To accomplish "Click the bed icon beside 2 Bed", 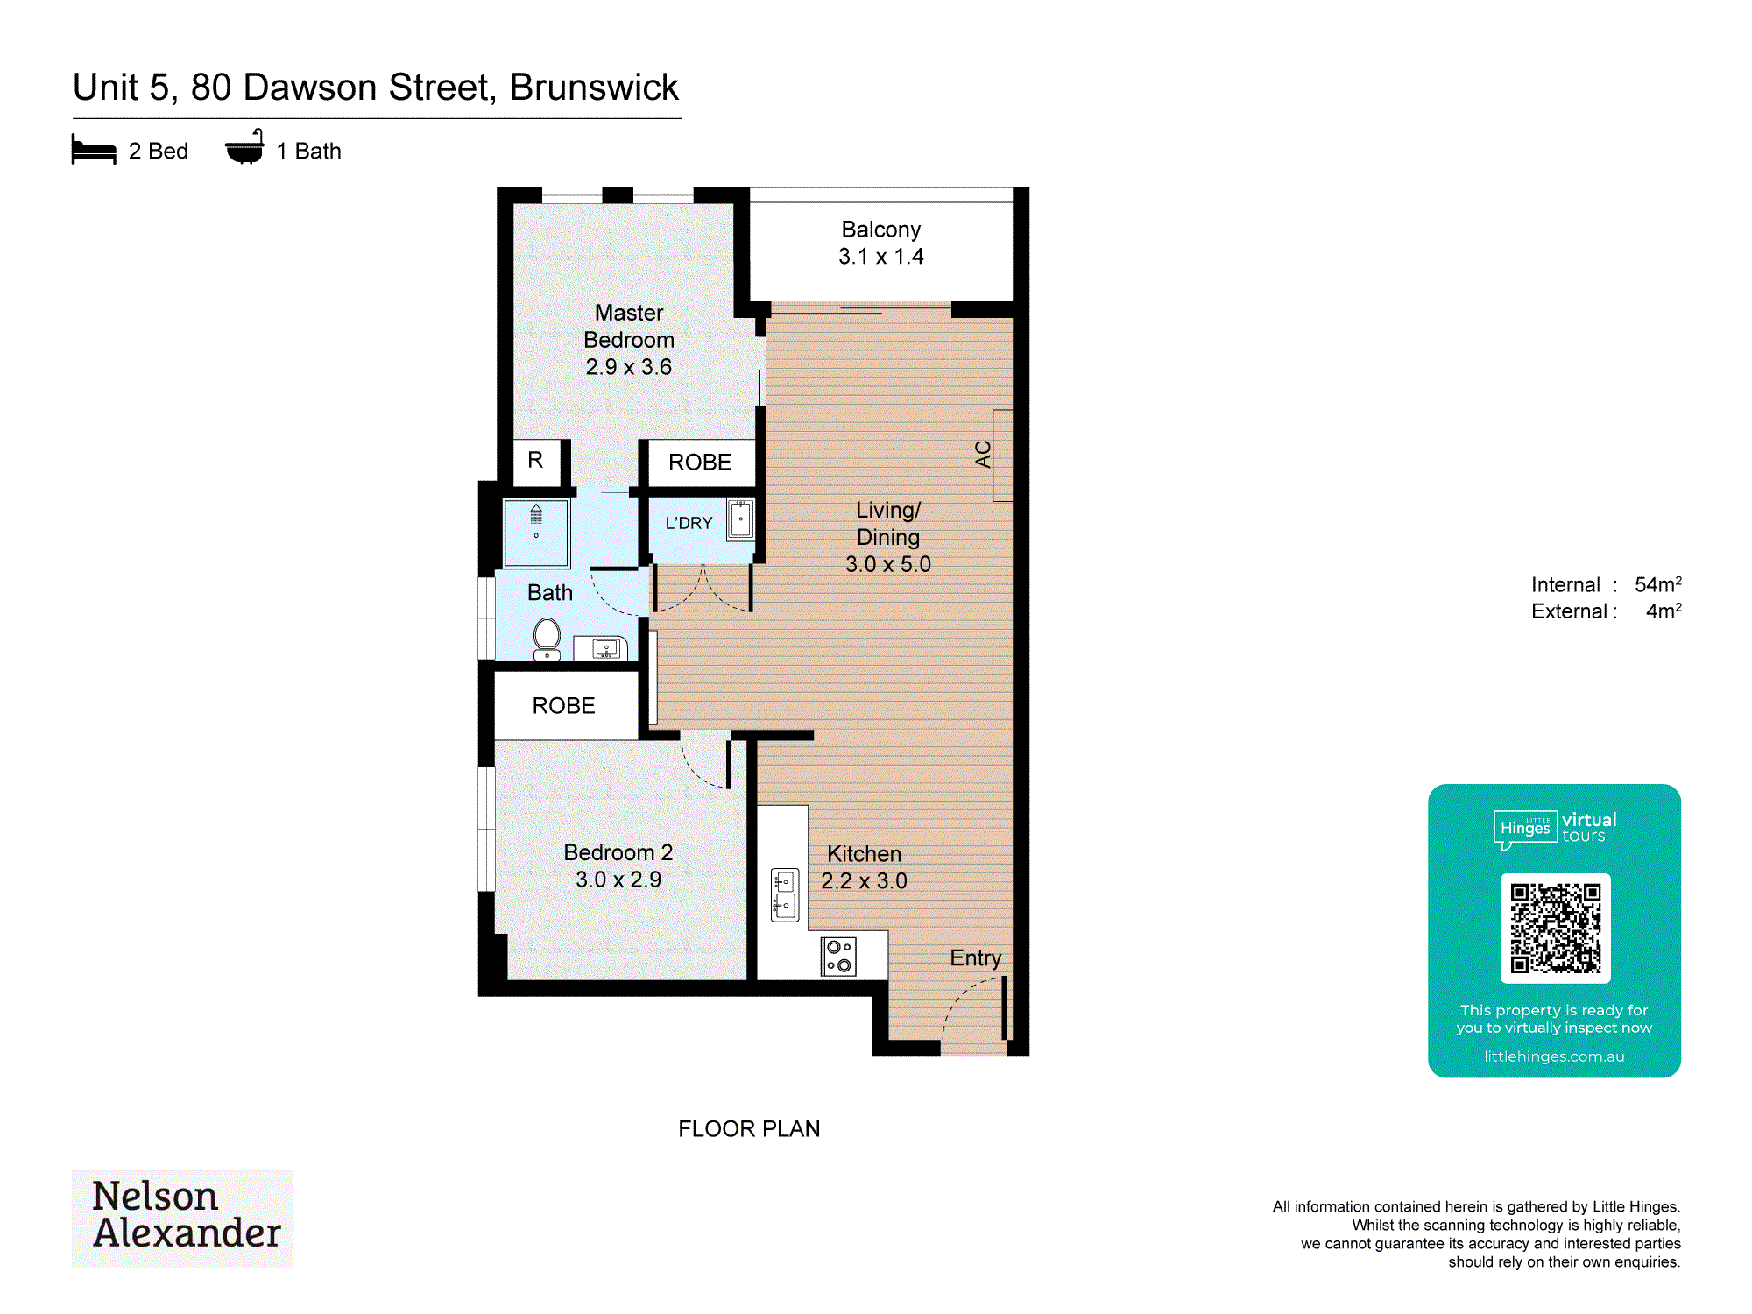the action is pos(94,150).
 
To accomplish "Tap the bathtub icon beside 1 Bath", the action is pos(244,147).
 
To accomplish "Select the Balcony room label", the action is pos(880,230).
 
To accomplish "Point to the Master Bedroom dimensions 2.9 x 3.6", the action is pos(629,367).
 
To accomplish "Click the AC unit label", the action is pos(983,454).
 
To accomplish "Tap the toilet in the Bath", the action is pos(547,639).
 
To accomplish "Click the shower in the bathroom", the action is pos(536,533).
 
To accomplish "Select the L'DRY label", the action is pos(689,523).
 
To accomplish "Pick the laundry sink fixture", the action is pos(740,519).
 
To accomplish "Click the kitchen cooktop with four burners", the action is pos(838,956).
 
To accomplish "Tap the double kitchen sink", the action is pos(785,894).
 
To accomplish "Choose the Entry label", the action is pos(975,958).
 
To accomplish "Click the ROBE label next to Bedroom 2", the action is pos(563,706).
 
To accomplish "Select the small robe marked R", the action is pos(535,460).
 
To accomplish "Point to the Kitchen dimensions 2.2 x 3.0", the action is pos(864,881).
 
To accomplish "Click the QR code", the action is pos(1555,929).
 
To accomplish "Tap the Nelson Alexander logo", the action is pos(183,1218).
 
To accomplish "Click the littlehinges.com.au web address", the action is pos(1554,1056).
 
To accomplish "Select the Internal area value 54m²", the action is pos(1657,584).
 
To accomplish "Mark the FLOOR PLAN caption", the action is pos(749,1129).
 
